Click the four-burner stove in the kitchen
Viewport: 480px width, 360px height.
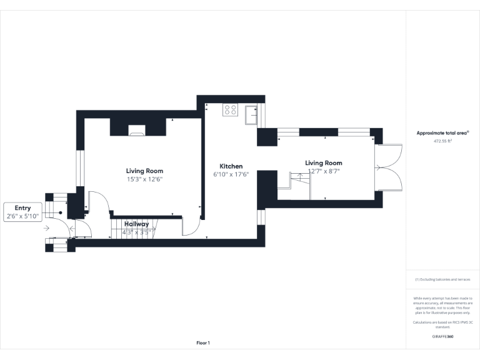[230, 111]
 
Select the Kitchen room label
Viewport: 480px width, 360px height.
[231, 166]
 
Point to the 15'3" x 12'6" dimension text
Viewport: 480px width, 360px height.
[144, 179]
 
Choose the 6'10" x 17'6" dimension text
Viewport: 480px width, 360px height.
[231, 174]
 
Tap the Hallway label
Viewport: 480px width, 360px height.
[136, 224]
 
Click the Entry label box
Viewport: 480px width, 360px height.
[23, 212]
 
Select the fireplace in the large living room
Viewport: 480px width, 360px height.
[137, 130]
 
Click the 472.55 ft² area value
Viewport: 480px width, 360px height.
[442, 141]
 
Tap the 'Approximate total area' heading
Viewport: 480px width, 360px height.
[442, 133]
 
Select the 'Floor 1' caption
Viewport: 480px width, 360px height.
[203, 343]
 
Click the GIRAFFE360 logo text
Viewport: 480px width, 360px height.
[442, 337]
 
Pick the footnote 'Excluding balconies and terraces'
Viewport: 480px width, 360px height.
[442, 279]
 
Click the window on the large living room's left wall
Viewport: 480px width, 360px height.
[79, 168]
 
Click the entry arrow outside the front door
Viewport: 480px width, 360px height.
[47, 229]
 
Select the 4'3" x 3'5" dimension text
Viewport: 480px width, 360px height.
[136, 232]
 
